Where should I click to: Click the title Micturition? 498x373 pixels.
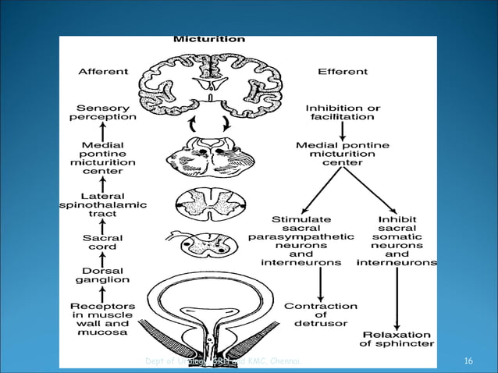(208, 38)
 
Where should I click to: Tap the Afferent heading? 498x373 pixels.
(102, 72)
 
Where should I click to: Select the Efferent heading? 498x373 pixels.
(342, 72)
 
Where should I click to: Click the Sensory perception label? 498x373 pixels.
(102, 112)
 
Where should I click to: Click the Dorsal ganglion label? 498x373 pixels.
(102, 275)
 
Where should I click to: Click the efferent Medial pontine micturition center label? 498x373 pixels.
(342, 154)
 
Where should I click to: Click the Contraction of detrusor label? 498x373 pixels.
(320, 314)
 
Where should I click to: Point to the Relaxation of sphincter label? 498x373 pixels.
(397, 339)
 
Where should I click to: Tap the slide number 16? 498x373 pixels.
(468, 361)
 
